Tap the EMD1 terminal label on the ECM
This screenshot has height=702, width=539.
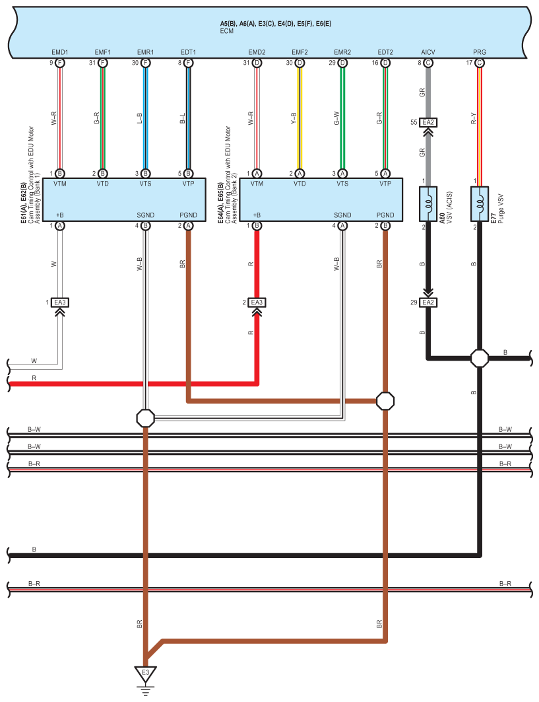60,52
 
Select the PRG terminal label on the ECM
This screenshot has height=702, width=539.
479,52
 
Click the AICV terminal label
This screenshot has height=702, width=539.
428,52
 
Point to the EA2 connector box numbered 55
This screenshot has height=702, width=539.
428,122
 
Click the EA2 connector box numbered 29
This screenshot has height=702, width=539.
428,302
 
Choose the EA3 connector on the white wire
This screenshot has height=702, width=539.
60,302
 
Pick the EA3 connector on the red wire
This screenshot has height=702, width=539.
257,302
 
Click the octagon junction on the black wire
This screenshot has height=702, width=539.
480,359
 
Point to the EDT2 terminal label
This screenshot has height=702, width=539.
385,52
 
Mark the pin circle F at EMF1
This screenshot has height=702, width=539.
102,63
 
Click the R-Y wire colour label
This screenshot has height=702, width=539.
473,118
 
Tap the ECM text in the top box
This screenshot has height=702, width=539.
227,31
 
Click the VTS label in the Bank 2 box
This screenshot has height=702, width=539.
342,184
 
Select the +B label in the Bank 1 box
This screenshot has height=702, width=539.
60,215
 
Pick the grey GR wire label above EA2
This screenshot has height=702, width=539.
422,92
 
